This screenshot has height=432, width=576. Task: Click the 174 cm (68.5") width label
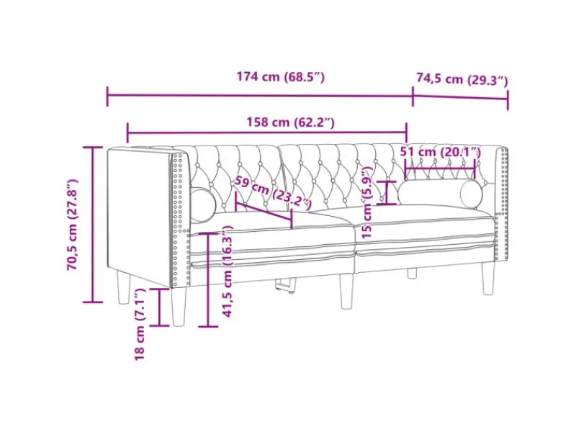[x=281, y=77]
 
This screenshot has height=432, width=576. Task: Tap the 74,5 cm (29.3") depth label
[x=462, y=78]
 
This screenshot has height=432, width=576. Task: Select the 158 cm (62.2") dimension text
[x=290, y=122]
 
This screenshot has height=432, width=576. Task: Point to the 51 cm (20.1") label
[x=440, y=151]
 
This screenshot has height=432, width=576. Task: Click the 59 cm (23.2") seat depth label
[x=274, y=192]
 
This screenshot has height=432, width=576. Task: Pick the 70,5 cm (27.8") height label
[x=73, y=225]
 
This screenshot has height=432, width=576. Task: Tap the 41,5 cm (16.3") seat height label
[x=228, y=271]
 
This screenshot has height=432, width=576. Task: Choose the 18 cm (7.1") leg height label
[x=140, y=325]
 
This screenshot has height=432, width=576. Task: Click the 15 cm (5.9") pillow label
[x=366, y=202]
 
